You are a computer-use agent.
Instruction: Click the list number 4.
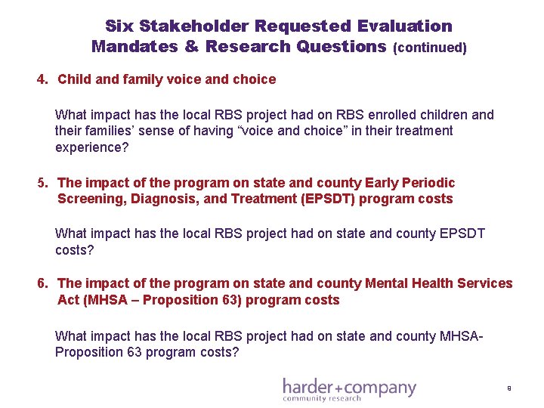coord(42,79)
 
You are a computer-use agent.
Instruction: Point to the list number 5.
coord(43,183)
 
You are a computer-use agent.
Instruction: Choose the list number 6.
coord(43,283)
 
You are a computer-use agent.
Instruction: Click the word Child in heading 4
coord(74,79)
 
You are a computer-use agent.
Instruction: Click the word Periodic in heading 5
coord(431,183)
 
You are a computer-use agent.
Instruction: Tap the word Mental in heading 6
coord(388,283)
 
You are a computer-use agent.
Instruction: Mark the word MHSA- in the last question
coord(460,335)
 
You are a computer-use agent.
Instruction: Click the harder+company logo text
coord(349,387)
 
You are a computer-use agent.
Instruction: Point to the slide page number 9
coord(509,388)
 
